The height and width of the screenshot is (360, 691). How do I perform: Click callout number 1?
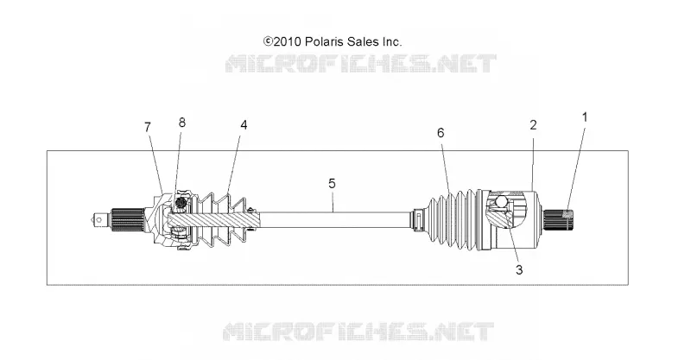[x=585, y=117]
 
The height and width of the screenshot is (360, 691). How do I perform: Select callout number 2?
[x=533, y=125]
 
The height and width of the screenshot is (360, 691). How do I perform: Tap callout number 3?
[x=519, y=269]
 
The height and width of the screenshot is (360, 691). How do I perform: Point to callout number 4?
[x=244, y=125]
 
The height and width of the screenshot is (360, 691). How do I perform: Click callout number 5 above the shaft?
[x=332, y=183]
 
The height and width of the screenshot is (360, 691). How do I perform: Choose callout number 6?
[x=441, y=133]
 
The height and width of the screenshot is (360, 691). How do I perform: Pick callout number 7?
[x=148, y=127]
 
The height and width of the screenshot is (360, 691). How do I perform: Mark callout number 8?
[x=182, y=123]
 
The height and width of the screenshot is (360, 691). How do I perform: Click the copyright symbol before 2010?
[x=268, y=41]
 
